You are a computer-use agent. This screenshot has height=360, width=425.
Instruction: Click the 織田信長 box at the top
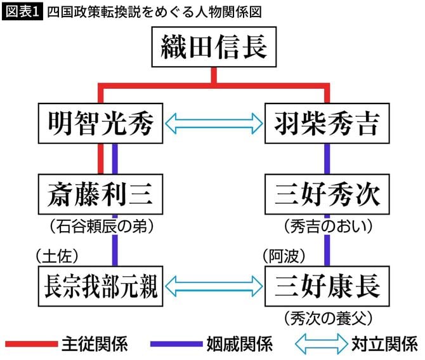tap(214, 48)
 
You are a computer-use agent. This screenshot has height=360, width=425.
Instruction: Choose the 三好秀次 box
tap(327, 194)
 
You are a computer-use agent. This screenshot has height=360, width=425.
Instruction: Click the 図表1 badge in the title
tap(22, 11)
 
